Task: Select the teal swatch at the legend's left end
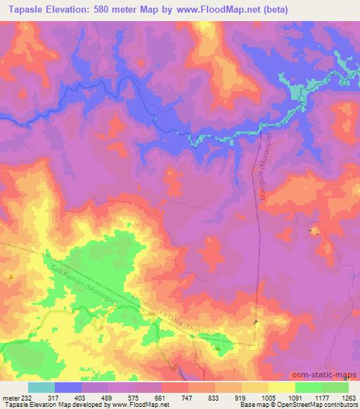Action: tap(41, 387)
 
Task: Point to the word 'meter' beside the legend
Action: tap(10, 397)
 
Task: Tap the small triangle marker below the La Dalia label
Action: tap(218, 348)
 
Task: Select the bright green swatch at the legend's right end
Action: tap(335, 387)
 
